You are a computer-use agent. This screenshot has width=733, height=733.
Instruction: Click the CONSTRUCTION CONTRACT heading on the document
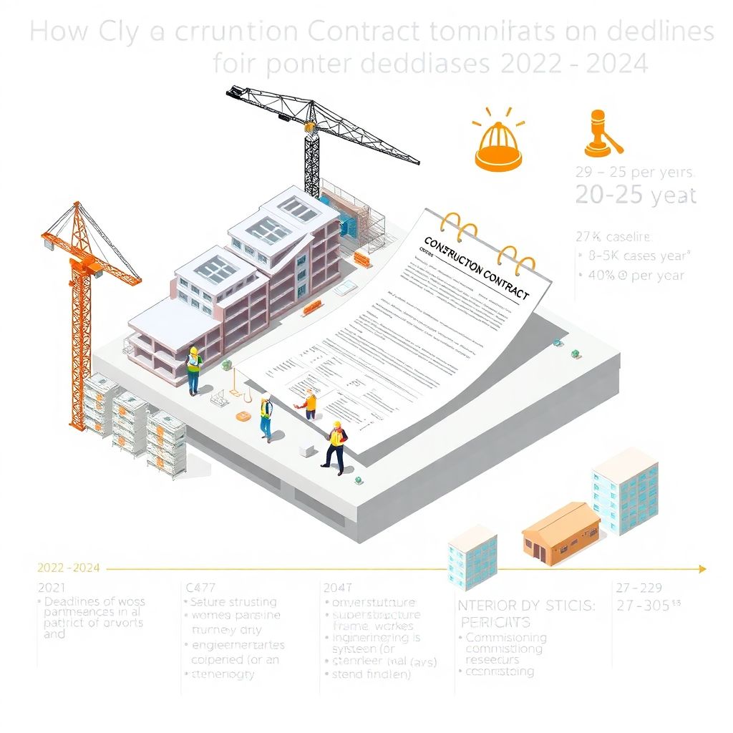[476, 268]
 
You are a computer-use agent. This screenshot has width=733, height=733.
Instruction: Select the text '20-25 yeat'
[636, 195]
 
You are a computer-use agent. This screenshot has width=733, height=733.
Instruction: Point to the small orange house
[560, 533]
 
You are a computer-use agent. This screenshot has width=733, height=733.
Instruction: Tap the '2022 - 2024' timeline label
[68, 568]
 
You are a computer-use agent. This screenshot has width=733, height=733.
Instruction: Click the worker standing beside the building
[193, 370]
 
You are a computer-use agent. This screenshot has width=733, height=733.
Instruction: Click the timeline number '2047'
[338, 587]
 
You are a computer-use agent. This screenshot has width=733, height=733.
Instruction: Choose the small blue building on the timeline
[472, 556]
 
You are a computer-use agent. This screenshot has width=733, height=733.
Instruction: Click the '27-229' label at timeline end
[639, 587]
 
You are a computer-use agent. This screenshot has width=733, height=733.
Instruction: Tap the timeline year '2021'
[51, 587]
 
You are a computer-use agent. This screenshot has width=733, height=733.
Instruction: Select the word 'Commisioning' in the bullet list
[506, 637]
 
